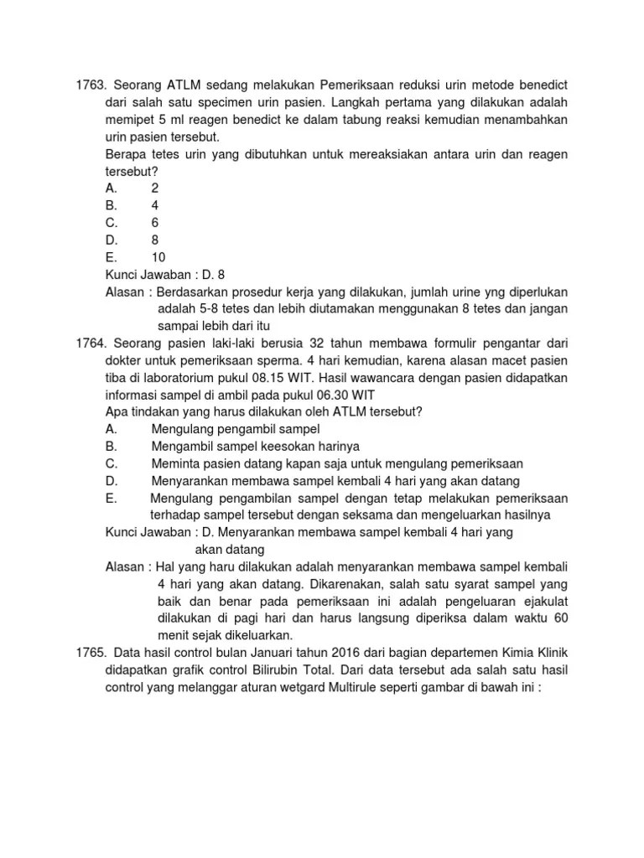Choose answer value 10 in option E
[158, 256]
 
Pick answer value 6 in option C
[155, 222]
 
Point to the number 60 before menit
[560, 618]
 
